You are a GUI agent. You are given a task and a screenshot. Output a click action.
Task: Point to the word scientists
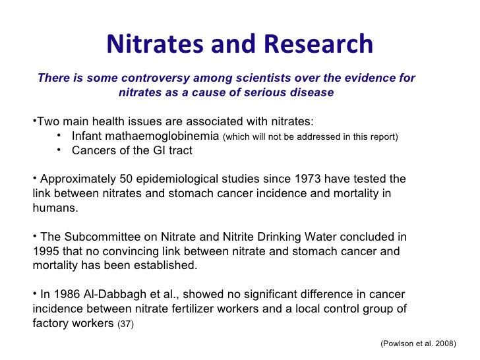point(250,78)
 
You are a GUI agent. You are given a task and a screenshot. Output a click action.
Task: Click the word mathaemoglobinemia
point(175,136)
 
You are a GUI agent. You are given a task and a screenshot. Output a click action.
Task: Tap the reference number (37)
point(125,324)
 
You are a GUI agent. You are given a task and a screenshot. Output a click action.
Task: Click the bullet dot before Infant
point(59,136)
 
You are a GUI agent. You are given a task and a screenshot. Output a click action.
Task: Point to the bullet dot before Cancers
point(59,150)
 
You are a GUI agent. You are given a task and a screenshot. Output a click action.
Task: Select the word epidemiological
point(164,179)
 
